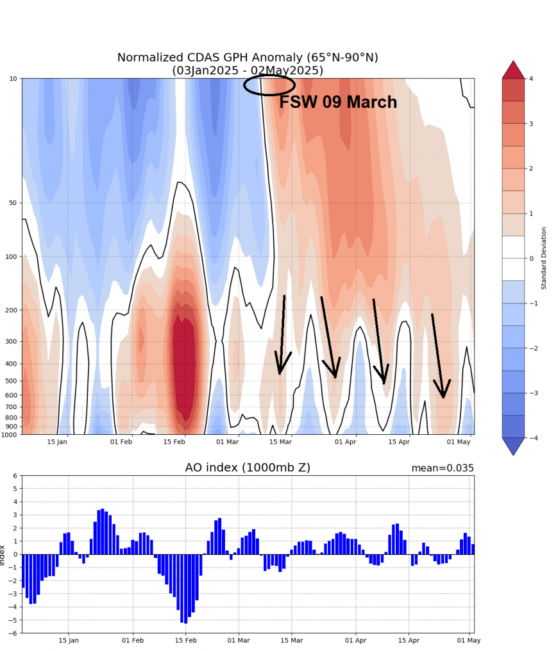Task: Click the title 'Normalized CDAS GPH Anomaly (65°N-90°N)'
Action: [x=248, y=58]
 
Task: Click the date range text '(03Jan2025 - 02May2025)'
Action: [x=248, y=71]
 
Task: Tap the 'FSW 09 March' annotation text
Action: [x=338, y=103]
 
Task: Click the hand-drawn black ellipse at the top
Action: [x=269, y=85]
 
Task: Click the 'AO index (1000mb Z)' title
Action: [x=248, y=468]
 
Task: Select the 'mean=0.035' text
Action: [x=443, y=468]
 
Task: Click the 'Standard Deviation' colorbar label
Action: [x=544, y=258]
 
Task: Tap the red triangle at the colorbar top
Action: [x=513, y=69]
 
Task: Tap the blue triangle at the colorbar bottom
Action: [x=513, y=446]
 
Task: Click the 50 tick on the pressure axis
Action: [x=13, y=203]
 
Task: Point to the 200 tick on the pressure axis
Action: [x=11, y=310]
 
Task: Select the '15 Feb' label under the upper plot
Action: [x=174, y=442]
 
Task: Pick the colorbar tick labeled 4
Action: [x=532, y=78]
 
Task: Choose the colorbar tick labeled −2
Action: [x=532, y=348]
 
